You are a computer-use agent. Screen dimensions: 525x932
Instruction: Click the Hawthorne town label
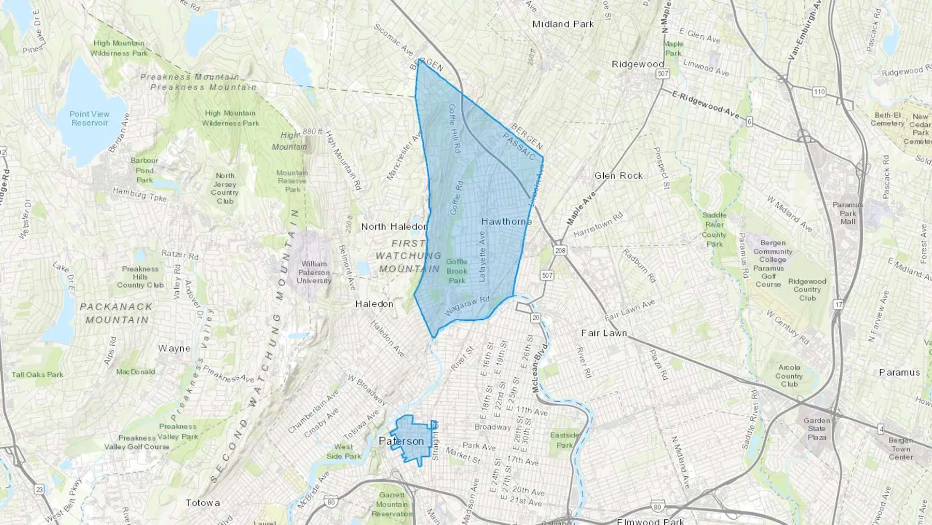[506, 221]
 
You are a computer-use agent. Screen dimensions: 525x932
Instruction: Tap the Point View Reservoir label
[90, 118]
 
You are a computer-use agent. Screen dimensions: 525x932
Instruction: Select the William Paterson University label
[314, 272]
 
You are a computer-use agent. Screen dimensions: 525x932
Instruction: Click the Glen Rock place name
[618, 176]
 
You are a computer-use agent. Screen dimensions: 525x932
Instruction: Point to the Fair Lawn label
[604, 333]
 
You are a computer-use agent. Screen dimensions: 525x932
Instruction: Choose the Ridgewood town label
[637, 64]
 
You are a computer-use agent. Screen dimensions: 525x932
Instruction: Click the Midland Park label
[563, 24]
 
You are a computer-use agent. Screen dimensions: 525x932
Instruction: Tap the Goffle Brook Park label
[457, 271]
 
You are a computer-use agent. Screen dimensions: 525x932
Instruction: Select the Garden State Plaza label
[817, 429]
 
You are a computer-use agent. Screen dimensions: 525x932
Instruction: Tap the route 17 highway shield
[838, 305]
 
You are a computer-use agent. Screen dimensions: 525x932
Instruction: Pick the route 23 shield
[39, 489]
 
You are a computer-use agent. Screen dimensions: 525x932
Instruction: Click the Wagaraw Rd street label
[467, 306]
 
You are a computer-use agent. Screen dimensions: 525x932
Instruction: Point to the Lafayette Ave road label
[483, 256]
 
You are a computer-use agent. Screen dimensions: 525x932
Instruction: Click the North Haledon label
[394, 226]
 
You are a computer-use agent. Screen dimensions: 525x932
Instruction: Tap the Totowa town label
[202, 503]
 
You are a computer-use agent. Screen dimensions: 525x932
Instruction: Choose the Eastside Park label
[564, 440]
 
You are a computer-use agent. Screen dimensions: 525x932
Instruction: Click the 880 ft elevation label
[313, 132]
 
